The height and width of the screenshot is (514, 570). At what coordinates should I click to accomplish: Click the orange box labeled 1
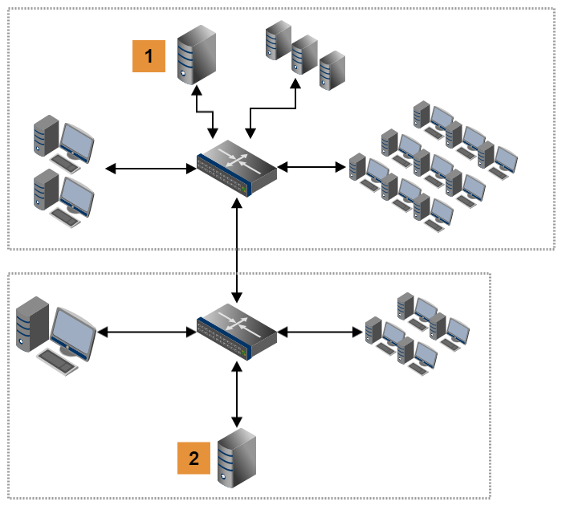point(149,57)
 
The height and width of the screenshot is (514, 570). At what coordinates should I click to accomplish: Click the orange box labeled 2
point(193,458)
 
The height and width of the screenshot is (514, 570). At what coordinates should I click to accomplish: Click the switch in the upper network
point(237,167)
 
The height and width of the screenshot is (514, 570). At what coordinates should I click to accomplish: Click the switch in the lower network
point(237,329)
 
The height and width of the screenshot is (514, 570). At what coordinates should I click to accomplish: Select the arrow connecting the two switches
point(237,249)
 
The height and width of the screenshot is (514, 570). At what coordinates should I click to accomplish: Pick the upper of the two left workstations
point(63,143)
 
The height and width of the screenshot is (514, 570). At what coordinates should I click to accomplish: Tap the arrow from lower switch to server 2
point(237,394)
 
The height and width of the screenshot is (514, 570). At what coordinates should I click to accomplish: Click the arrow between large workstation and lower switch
point(147,329)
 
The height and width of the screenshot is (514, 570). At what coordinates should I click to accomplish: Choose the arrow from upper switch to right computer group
point(311,167)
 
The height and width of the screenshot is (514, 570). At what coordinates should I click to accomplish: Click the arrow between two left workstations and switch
point(151,168)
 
